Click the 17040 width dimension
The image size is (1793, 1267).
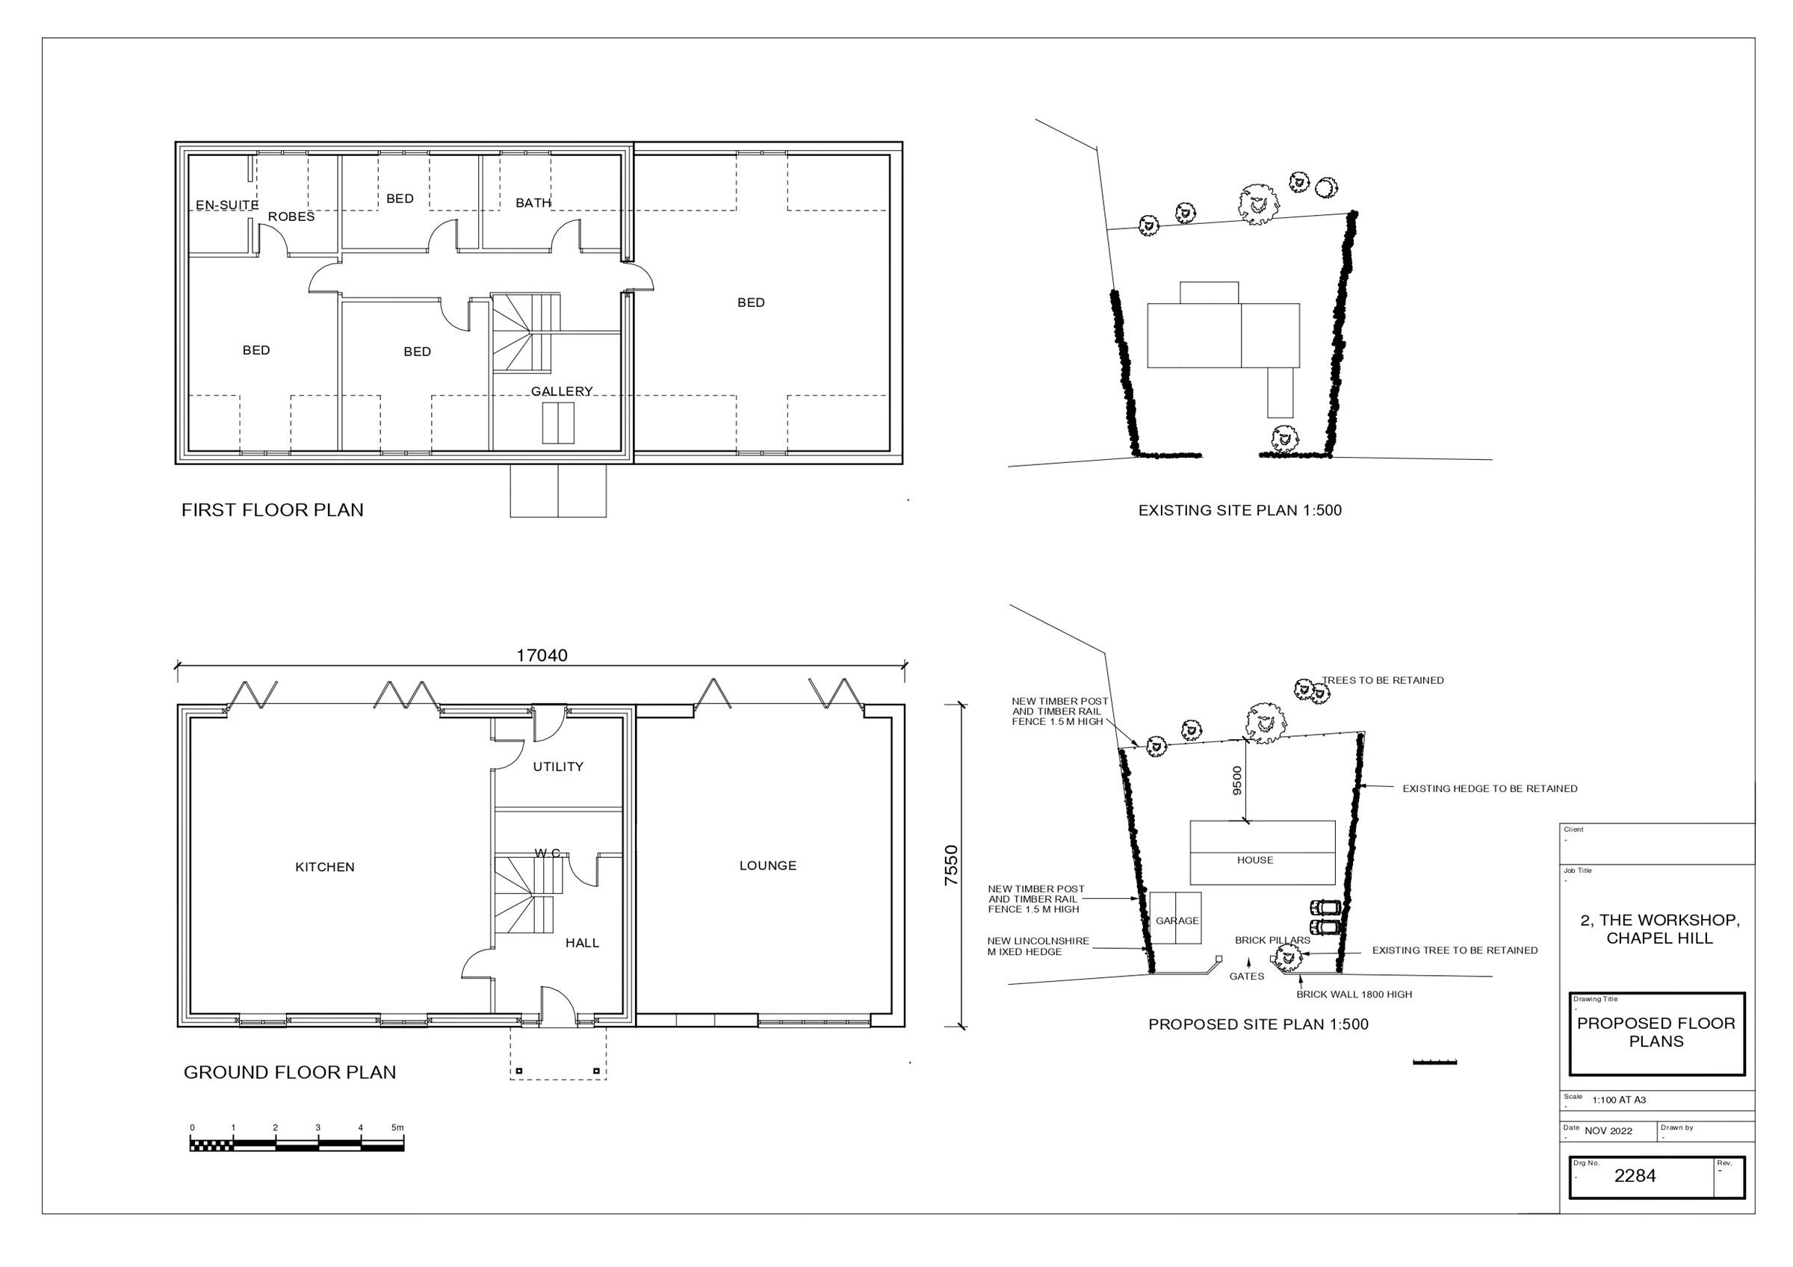tap(542, 656)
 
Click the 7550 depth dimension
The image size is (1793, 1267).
tap(951, 866)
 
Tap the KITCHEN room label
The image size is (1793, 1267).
tap(325, 868)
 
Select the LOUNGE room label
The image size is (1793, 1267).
tap(768, 866)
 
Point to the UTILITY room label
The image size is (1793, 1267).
tap(558, 768)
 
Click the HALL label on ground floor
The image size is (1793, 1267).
tap(583, 943)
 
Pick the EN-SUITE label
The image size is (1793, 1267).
tap(227, 205)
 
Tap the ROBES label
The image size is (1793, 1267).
tap(291, 217)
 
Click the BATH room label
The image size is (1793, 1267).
tap(533, 203)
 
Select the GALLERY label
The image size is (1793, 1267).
tap(563, 391)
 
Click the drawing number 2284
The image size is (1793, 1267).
tap(1635, 1176)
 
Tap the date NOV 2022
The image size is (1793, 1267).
tap(1608, 1131)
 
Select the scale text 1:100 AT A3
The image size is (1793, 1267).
tap(1619, 1100)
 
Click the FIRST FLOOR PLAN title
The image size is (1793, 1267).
tap(273, 511)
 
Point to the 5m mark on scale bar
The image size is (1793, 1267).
tap(397, 1128)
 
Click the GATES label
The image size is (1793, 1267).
tap(1246, 977)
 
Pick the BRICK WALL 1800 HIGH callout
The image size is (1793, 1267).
tap(1354, 994)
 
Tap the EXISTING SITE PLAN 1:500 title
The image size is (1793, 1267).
tap(1240, 511)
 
